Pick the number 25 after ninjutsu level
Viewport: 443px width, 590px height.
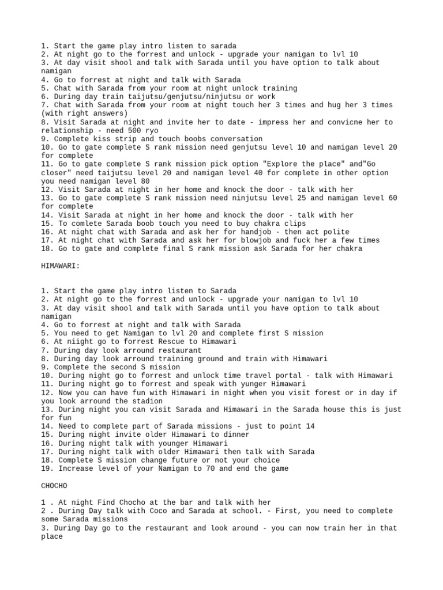291,198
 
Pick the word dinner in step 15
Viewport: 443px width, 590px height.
234,434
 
